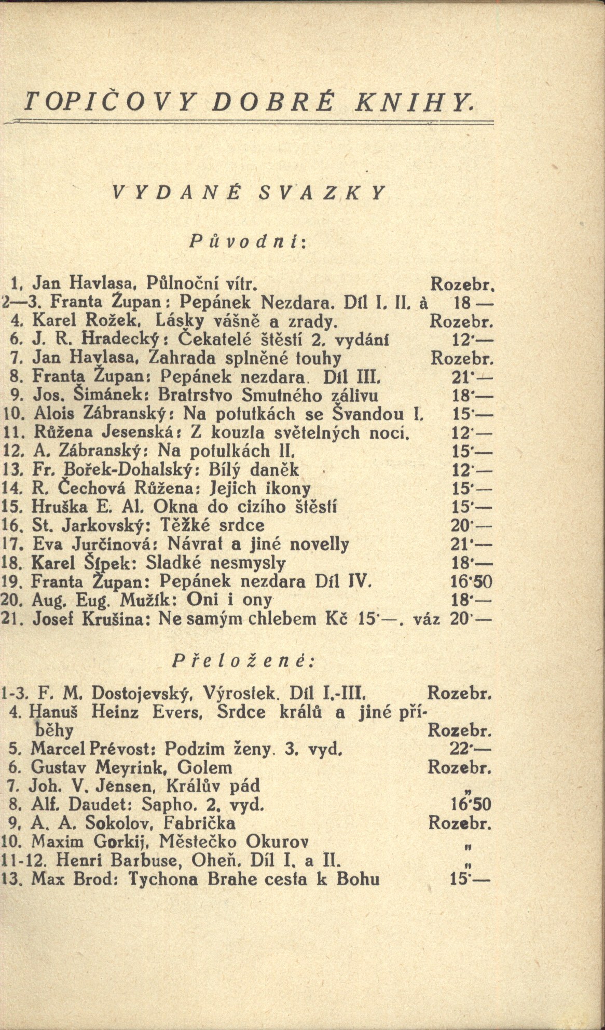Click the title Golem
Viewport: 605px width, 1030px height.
[207, 767]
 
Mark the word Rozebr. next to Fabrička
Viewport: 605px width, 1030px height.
[460, 823]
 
